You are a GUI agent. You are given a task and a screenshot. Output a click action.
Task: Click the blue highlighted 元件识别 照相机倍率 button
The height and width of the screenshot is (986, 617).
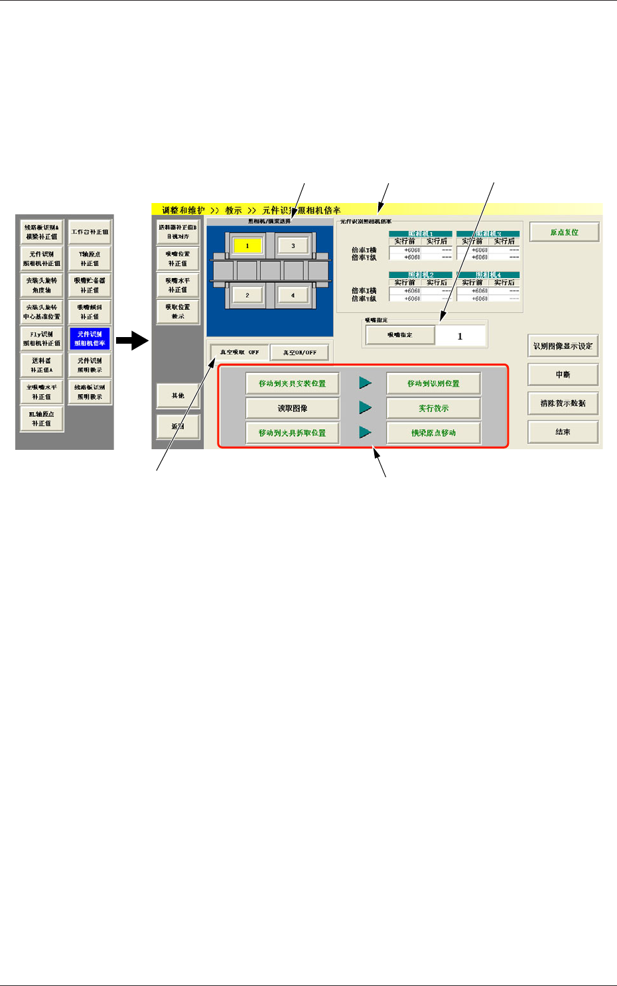(x=90, y=338)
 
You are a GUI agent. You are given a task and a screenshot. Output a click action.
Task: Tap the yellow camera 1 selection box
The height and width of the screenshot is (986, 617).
(x=247, y=246)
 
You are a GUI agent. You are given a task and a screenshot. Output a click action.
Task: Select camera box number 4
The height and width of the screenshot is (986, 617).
(x=293, y=295)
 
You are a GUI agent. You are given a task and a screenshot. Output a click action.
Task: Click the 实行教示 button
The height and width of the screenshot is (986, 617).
(x=433, y=408)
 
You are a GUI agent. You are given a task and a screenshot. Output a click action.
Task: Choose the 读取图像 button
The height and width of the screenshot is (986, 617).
(x=292, y=408)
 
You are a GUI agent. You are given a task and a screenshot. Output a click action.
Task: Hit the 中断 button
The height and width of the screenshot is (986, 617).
(x=563, y=375)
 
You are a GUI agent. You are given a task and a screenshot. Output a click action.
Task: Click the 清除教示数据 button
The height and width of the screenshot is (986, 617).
(x=563, y=403)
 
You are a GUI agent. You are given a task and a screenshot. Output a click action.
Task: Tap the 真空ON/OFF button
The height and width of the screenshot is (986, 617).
(x=300, y=352)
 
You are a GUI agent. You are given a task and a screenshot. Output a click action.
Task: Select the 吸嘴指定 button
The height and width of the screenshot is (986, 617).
(x=400, y=335)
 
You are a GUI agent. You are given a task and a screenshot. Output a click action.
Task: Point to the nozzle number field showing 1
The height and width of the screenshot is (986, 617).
(x=460, y=336)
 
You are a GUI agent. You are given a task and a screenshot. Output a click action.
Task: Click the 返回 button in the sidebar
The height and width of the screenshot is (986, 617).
(x=178, y=427)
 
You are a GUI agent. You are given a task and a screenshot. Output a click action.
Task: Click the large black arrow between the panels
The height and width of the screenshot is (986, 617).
(x=131, y=342)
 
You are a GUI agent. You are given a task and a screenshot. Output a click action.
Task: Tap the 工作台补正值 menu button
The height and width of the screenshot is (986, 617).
(x=90, y=232)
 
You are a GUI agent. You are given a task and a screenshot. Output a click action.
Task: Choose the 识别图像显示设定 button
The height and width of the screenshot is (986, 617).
(x=563, y=346)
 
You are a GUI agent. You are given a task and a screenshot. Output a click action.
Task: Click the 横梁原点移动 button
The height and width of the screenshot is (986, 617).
(x=433, y=433)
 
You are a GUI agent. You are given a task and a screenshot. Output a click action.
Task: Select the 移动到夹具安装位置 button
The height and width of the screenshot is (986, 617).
(x=292, y=384)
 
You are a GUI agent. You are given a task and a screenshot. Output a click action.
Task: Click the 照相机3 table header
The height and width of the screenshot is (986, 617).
(x=488, y=234)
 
